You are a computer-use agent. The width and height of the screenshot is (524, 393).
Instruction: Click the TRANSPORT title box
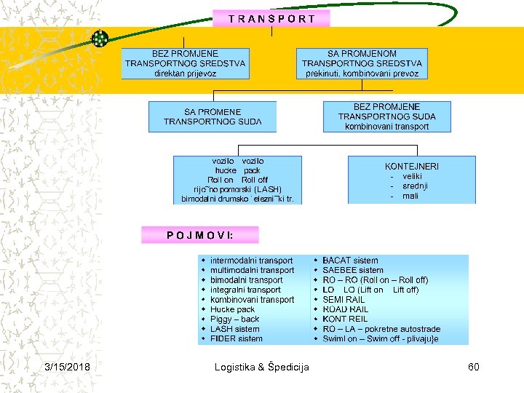pyautogui.click(x=271, y=19)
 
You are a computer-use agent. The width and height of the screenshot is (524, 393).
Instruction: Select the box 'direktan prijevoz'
pyautogui.click(x=185, y=64)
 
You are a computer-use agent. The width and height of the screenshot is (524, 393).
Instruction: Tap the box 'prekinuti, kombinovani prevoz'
pyautogui.click(x=362, y=64)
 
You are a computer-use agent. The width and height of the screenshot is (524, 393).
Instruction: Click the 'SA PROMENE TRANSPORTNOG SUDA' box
pyautogui.click(x=212, y=116)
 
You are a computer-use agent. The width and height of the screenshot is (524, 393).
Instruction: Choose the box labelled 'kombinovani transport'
pyautogui.click(x=386, y=116)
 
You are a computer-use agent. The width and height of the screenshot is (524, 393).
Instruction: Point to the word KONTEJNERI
pyautogui.click(x=412, y=167)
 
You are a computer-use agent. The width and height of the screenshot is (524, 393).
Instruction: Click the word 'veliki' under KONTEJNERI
pyautogui.click(x=412, y=176)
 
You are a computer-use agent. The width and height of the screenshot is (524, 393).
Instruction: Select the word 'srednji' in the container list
pyautogui.click(x=415, y=186)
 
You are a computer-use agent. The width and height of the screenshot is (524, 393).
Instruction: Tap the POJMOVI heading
pyautogui.click(x=199, y=235)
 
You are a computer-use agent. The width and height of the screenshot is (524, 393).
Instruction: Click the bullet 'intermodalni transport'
pyautogui.click(x=251, y=261)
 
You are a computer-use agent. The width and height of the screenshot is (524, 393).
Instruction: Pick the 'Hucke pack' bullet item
pyautogui.click(x=232, y=309)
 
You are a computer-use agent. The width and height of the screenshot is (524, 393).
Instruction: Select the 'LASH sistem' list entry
pyautogui.click(x=234, y=329)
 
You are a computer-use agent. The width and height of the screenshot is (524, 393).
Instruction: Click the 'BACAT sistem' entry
pyautogui.click(x=350, y=261)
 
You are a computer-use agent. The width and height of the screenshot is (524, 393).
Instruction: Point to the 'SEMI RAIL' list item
pyautogui.click(x=344, y=300)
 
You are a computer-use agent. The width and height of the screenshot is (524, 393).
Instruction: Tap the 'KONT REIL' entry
pyautogui.click(x=345, y=319)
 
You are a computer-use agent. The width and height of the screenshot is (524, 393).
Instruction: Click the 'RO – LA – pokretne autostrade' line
pyautogui.click(x=381, y=329)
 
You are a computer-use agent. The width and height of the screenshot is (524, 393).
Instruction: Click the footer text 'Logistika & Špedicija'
pyautogui.click(x=262, y=367)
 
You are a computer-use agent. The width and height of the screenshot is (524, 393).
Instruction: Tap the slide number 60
pyautogui.click(x=473, y=367)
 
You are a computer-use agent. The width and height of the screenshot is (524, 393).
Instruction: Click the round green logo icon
pyautogui.click(x=100, y=39)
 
